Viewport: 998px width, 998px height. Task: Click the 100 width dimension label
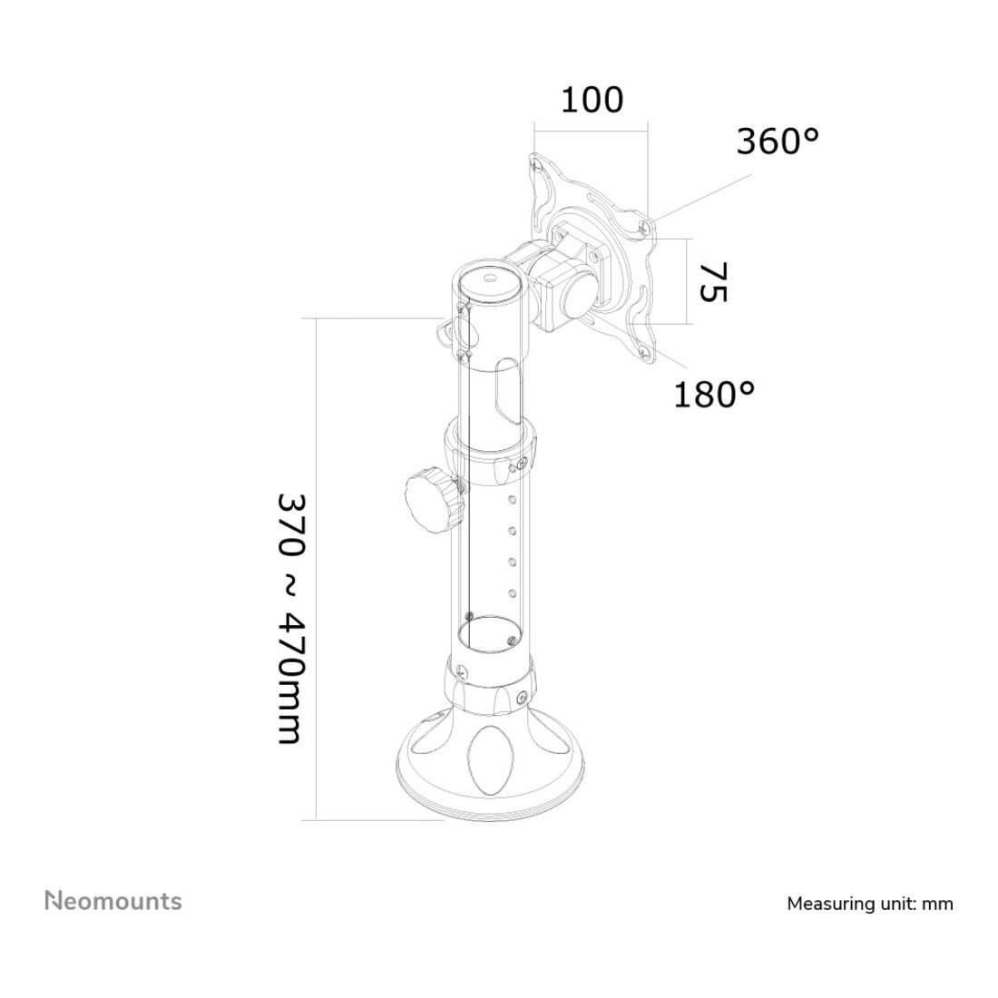coord(592,100)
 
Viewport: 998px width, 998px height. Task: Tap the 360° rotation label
coord(778,142)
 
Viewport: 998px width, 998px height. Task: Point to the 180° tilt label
coord(714,394)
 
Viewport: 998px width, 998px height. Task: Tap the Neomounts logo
coord(113,901)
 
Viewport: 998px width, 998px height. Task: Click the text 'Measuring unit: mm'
coord(870,904)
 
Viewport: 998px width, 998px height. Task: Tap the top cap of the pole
coord(491,280)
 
